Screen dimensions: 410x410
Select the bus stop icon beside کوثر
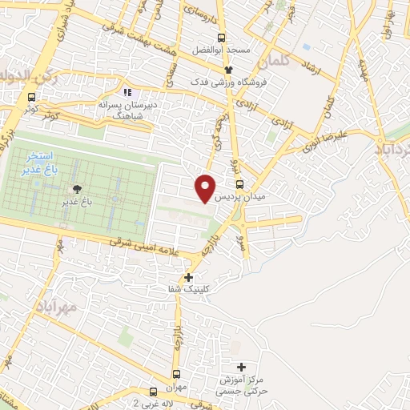pyautogui.click(x=31, y=98)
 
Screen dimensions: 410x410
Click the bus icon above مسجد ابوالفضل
pyautogui.click(x=221, y=38)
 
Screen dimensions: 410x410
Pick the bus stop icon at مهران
pyautogui.click(x=176, y=374)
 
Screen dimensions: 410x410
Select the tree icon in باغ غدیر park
pyautogui.click(x=77, y=188)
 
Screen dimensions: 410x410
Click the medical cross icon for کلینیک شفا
pyautogui.click(x=188, y=278)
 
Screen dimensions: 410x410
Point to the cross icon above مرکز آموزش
pyautogui.click(x=241, y=367)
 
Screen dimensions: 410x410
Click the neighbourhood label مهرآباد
pyautogui.click(x=56, y=307)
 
